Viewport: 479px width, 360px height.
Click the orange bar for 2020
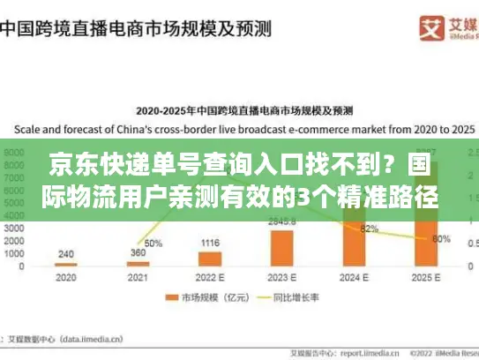point(65,264)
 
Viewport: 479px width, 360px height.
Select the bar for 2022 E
point(209,259)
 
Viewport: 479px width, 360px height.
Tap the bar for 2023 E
point(282,248)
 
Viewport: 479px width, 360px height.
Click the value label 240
point(65,254)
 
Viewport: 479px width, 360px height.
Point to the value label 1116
point(209,243)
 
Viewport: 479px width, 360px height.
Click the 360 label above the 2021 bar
point(138,252)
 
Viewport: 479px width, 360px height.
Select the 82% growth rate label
point(370,229)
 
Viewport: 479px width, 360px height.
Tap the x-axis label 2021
point(138,278)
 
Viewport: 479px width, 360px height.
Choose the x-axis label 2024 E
point(354,278)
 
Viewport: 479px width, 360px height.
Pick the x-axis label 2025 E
point(426,278)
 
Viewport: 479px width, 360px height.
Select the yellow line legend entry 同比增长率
point(281,297)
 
